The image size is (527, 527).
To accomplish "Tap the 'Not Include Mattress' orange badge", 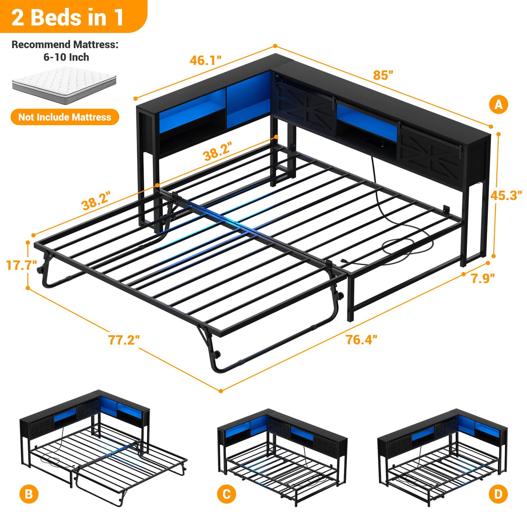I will pos(65,117).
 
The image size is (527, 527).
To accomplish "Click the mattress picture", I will pos(64,85).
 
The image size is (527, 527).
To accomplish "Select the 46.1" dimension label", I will pos(206,60).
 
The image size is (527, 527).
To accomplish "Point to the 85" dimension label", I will pos(383,75).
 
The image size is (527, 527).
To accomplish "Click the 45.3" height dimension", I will pos(506,195).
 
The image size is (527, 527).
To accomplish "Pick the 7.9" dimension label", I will pos(483,278).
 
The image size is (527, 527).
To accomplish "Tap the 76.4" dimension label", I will pos(361,339).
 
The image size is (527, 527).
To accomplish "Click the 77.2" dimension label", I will pos(124,340).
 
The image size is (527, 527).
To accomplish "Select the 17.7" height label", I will pos(21,265).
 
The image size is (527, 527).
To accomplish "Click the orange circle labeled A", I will pos(498,105).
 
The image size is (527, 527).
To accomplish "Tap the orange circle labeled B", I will pos(29,494).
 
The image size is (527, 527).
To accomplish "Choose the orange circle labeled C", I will pos(227,494).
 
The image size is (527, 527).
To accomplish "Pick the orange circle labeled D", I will pos(498,494).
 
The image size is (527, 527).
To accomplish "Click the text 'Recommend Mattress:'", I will pos(65,45).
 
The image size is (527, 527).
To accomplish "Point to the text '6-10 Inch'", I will pos(66,57).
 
